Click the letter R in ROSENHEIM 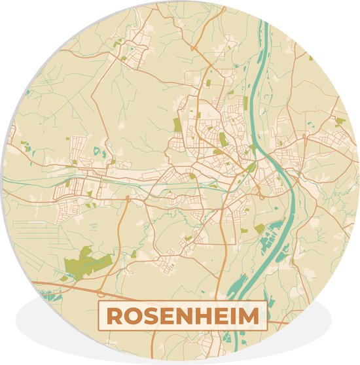113,317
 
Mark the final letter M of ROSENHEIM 248,317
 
